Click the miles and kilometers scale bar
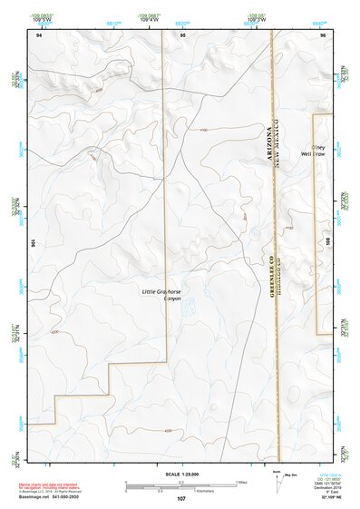tap(181, 485)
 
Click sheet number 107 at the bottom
tap(181, 498)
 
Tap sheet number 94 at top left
tap(40, 34)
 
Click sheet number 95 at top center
tap(182, 34)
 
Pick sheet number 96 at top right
tap(322, 34)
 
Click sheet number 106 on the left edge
tap(34, 243)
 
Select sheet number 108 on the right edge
tap(328, 238)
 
